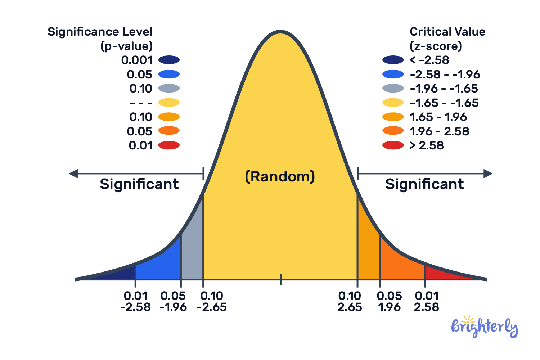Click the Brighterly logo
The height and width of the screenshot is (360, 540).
(x=484, y=327)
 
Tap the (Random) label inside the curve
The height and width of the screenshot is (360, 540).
(x=280, y=176)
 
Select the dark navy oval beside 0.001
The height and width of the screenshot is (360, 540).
(x=169, y=60)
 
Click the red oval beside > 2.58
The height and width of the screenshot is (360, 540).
(x=393, y=145)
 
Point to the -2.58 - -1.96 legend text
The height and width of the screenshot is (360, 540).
(x=445, y=75)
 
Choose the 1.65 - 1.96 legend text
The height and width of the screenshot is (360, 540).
(x=438, y=117)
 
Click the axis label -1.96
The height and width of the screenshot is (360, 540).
(x=173, y=307)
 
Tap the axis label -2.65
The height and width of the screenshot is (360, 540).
(x=212, y=307)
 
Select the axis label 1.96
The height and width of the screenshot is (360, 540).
(x=389, y=307)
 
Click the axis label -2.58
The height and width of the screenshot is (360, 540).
(x=135, y=307)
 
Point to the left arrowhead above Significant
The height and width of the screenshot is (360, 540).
(x=73, y=174)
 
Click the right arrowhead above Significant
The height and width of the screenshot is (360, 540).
(x=488, y=174)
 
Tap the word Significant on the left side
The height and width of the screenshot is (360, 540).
(x=139, y=184)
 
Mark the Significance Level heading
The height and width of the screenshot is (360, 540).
(x=100, y=32)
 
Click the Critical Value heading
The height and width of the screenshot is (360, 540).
(x=447, y=32)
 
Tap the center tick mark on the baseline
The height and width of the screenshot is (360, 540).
(x=281, y=279)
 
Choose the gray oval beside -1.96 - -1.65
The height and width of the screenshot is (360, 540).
(x=393, y=89)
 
